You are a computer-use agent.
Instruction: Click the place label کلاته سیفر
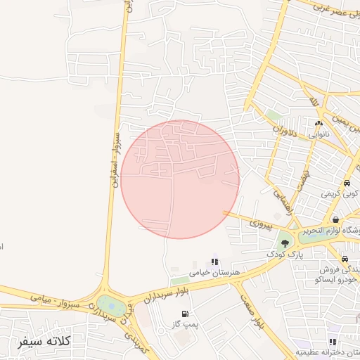tap(43, 342)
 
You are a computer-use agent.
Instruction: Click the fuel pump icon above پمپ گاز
tap(184, 314)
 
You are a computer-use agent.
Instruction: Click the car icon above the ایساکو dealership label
tap(344, 258)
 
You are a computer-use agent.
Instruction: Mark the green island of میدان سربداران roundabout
tap(109, 305)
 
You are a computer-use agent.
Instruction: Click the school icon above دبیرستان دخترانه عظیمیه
tap(333, 342)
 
